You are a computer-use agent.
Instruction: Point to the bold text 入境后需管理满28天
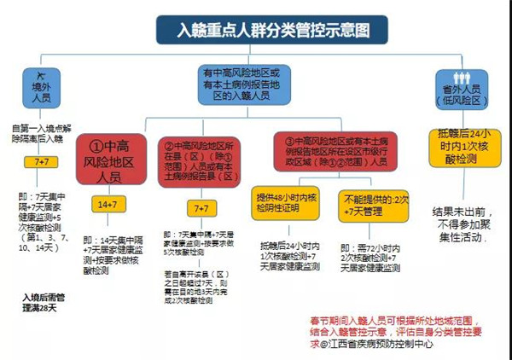coord(43,304)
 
